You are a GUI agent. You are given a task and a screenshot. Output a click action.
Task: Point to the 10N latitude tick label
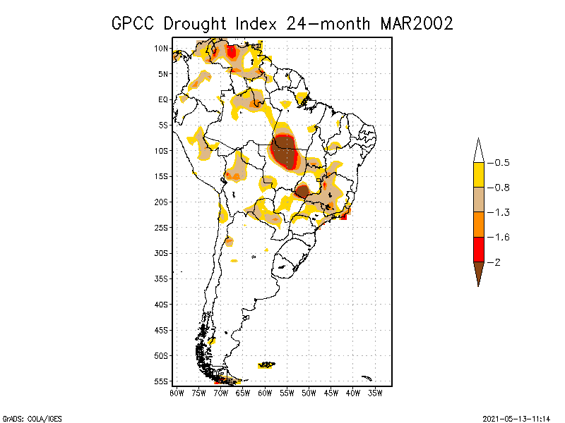[x=162, y=49]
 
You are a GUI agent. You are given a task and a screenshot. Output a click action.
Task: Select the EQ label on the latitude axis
[x=163, y=99]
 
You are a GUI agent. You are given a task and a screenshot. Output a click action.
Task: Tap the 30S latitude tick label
[x=162, y=253]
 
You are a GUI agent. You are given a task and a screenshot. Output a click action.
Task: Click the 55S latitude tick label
[x=162, y=381]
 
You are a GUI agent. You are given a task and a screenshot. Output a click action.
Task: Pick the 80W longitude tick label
[x=177, y=393]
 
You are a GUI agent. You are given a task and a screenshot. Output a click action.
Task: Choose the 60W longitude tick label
[x=265, y=393]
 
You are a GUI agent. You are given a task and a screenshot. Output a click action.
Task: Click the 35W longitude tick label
[x=375, y=393]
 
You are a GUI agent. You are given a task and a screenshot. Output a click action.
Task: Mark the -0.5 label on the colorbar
[x=501, y=163]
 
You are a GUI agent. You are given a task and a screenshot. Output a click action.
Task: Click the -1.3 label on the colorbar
[x=501, y=212]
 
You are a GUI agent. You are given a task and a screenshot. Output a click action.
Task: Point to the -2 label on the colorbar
[x=499, y=262]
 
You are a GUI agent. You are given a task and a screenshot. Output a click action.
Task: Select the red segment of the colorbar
[x=478, y=249]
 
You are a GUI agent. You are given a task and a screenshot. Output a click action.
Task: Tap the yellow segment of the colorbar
[x=478, y=175]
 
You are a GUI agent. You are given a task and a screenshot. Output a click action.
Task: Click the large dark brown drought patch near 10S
[x=285, y=151]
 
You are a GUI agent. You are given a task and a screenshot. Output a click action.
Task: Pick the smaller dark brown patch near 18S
[x=302, y=191]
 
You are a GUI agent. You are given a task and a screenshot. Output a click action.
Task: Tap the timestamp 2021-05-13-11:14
[x=516, y=417]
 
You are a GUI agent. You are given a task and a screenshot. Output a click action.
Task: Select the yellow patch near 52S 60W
[x=267, y=364]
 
